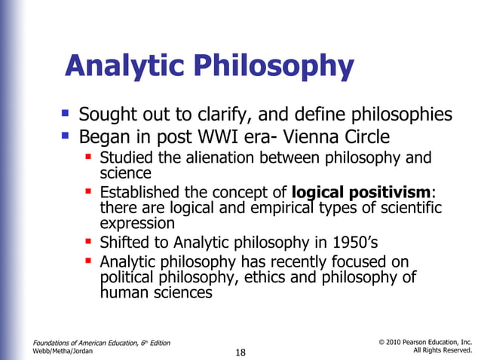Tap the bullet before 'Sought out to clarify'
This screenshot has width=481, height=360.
[x=66, y=114]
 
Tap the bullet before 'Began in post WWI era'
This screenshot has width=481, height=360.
[x=66, y=136]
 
